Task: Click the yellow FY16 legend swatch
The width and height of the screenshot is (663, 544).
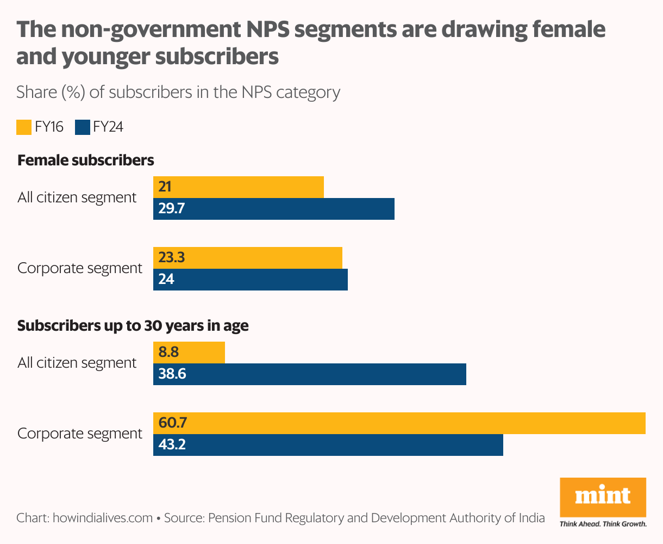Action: pos(24,127)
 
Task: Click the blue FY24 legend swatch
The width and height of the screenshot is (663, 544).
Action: pos(83,127)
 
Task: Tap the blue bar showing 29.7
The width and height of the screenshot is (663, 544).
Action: pos(273,209)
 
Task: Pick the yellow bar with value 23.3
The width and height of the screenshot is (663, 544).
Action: pos(247,258)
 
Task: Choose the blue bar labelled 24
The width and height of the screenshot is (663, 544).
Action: pos(250,280)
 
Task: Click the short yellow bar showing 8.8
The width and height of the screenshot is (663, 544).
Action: pos(189,353)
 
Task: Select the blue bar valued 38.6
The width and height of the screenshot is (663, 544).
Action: pos(309,374)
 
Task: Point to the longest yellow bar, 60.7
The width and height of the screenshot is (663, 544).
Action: pos(399,423)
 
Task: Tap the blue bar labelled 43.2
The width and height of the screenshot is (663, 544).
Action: pos(328,445)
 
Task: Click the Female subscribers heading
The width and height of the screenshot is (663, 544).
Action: pos(86,160)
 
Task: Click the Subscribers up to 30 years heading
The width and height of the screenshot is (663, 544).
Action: pos(133,326)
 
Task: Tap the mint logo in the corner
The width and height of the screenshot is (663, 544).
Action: pos(603,497)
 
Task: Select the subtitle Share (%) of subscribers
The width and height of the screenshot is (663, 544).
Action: pos(178,92)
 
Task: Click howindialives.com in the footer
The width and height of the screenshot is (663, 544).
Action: pos(102,518)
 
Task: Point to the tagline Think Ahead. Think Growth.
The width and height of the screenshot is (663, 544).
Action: pos(603,524)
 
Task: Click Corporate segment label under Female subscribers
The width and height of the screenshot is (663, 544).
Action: pos(80,268)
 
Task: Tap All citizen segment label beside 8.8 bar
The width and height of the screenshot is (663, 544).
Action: pos(77,363)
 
